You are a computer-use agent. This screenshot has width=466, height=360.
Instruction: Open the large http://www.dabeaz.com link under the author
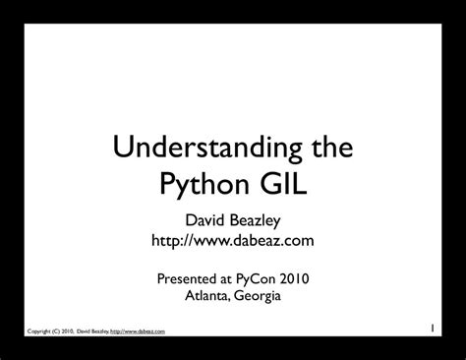pos(232,240)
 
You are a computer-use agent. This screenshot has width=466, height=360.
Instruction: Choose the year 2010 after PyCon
pos(312,278)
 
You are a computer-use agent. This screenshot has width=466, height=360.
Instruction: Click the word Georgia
pos(261,296)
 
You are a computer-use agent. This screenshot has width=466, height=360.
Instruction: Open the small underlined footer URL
pos(137,331)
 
